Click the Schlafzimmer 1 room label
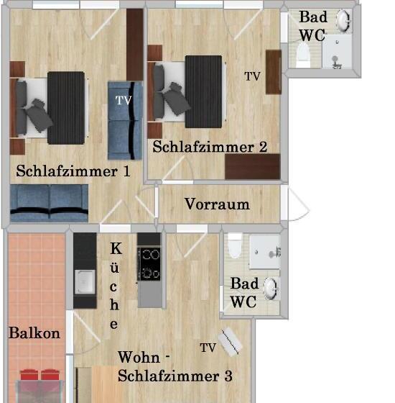(x=73, y=172)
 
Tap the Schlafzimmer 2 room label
(x=210, y=148)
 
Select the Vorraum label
(x=217, y=204)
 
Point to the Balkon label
(x=34, y=334)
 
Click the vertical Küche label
(x=115, y=286)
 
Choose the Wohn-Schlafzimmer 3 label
(x=175, y=366)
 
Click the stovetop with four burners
(x=149, y=263)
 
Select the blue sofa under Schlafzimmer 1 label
(x=49, y=202)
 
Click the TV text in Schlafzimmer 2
(x=252, y=76)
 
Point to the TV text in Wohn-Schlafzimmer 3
(x=208, y=348)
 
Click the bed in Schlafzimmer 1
(x=50, y=107)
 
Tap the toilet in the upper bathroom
(x=302, y=53)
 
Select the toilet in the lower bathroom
(x=235, y=247)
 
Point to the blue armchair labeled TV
(x=124, y=120)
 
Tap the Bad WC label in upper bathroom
(x=312, y=25)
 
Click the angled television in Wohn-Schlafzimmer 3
(x=231, y=342)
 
